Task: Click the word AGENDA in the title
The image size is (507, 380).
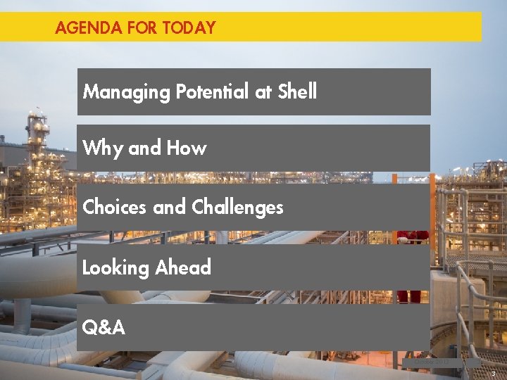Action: click(x=78, y=28)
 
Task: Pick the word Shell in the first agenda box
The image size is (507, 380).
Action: click(x=297, y=91)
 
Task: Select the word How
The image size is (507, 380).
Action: click(x=187, y=148)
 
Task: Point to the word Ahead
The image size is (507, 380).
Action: click(x=183, y=267)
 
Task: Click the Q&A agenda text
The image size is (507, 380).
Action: click(x=104, y=327)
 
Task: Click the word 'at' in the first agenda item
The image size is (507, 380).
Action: click(x=263, y=92)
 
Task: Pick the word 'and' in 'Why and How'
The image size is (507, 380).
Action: click(x=144, y=148)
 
